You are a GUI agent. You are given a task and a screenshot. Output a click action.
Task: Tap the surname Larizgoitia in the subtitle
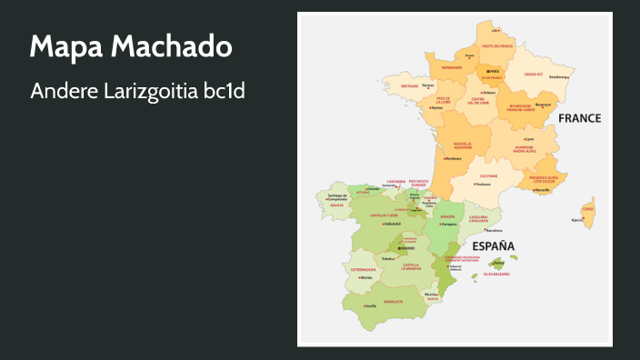[x=150, y=92]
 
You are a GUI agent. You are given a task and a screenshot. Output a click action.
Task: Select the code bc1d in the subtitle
[x=225, y=92]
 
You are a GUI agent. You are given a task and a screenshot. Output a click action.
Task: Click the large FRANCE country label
[x=579, y=118]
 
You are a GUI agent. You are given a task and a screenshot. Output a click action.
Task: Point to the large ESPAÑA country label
[x=493, y=246]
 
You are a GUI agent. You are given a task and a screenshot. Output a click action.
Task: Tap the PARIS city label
[x=495, y=71]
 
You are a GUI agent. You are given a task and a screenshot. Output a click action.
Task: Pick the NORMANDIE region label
[x=452, y=66]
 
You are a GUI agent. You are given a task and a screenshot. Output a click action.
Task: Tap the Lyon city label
[x=529, y=138]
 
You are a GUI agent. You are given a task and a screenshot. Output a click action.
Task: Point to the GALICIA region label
[x=336, y=205]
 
